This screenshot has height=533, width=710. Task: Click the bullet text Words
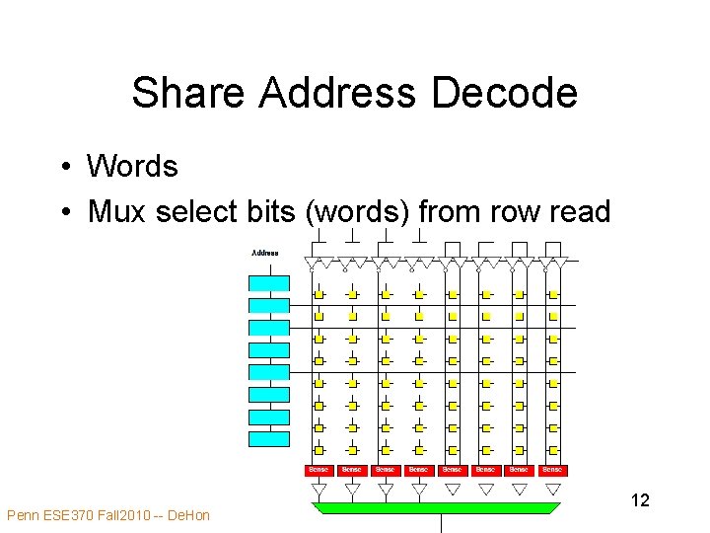coord(132,166)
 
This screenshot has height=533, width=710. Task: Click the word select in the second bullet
coord(193,210)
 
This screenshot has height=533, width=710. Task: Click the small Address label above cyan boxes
coord(264,253)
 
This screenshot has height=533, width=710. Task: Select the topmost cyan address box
coord(268,283)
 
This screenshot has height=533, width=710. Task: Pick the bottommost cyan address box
coord(268,439)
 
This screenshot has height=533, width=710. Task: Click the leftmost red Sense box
coord(319,470)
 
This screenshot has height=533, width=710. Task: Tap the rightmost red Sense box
coord(552,470)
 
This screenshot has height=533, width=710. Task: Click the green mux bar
coord(436,507)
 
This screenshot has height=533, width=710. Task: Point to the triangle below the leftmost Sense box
coord(319,489)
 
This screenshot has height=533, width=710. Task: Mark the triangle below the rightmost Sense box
coord(552,489)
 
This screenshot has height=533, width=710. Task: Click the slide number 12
coord(639,500)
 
